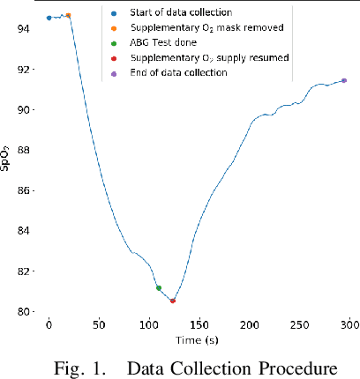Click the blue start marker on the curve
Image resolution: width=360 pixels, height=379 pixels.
coord(49,18)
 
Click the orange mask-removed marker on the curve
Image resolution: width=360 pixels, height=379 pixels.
coord(69,15)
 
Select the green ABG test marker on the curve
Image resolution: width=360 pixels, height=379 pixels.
coord(159,288)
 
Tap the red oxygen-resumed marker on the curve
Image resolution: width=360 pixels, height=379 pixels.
coord(173,301)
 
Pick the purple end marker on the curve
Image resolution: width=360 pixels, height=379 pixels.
coord(344,80)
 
